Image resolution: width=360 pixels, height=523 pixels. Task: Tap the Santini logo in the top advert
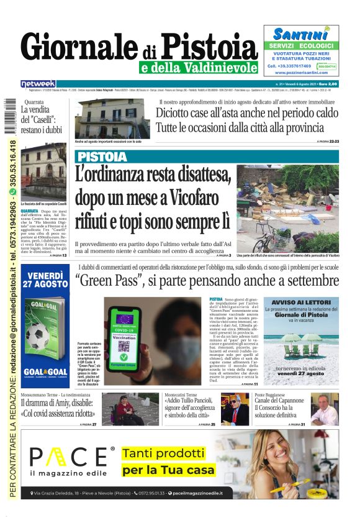[x=300, y=34]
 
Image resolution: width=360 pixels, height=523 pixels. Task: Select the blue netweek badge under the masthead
[x=38, y=84]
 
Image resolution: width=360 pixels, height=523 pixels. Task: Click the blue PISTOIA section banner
[x=103, y=156]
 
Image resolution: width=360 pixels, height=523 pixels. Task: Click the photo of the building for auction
[x=111, y=119]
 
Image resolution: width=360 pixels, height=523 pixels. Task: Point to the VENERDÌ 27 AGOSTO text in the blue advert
[x=44, y=278]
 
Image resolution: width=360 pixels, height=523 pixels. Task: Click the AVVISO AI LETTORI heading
[x=301, y=302]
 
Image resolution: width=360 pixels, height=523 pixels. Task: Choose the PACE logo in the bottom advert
[x=72, y=460]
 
